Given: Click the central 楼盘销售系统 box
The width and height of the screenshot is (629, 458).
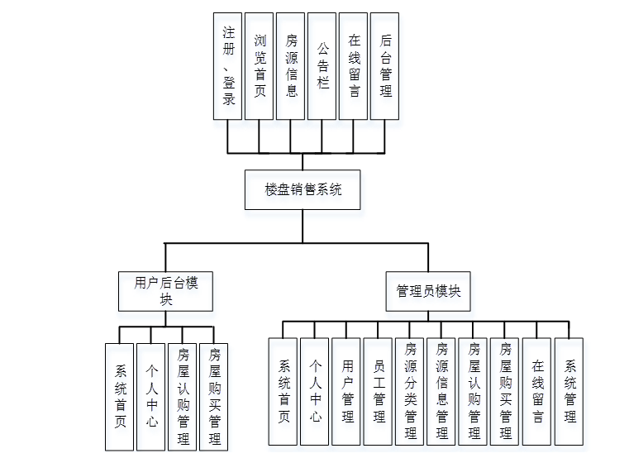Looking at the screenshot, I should (x=303, y=189).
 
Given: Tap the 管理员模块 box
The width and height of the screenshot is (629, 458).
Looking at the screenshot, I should (x=428, y=292).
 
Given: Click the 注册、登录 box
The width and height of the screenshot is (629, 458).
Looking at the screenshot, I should (x=228, y=66).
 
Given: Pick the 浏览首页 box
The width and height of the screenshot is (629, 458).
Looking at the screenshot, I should (x=260, y=66).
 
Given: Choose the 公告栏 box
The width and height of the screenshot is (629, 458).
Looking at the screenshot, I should (x=322, y=66).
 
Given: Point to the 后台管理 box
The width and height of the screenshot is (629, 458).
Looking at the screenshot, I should (x=385, y=66).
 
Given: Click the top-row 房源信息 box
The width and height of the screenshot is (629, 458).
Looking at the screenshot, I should (x=291, y=66).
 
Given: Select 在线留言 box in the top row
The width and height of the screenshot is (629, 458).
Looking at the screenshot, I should (x=354, y=66).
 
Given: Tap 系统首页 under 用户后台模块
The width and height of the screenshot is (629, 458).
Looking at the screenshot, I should (x=120, y=396).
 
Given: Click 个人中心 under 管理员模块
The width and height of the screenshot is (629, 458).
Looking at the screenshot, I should (x=315, y=391).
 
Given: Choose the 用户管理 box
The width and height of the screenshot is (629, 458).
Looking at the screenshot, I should (x=346, y=391).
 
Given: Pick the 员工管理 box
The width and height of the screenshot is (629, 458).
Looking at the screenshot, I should (x=379, y=391).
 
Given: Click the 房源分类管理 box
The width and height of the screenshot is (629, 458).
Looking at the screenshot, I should (x=410, y=391).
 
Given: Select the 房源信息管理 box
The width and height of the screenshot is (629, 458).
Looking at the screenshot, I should (x=442, y=391).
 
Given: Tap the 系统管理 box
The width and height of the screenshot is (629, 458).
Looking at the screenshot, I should (x=569, y=391).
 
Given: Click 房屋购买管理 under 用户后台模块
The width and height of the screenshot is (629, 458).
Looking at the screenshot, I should (x=214, y=396).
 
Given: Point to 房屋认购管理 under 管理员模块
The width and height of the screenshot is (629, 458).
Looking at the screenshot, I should (x=474, y=391).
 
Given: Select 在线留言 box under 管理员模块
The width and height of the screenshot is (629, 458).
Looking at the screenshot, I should (x=537, y=391).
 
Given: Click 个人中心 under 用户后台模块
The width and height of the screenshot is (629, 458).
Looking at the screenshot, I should (x=150, y=396).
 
